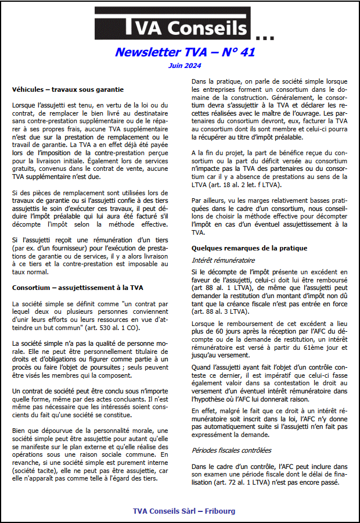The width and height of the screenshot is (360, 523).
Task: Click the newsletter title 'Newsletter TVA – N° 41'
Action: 185,53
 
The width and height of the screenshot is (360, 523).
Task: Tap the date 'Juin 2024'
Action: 185,66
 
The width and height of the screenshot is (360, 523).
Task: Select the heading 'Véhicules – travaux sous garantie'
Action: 67,89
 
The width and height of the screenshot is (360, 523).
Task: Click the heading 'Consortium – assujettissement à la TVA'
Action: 78,288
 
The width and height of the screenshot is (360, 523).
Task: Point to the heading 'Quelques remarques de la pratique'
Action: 250,248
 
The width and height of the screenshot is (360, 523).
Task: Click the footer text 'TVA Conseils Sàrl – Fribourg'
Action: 184,511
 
